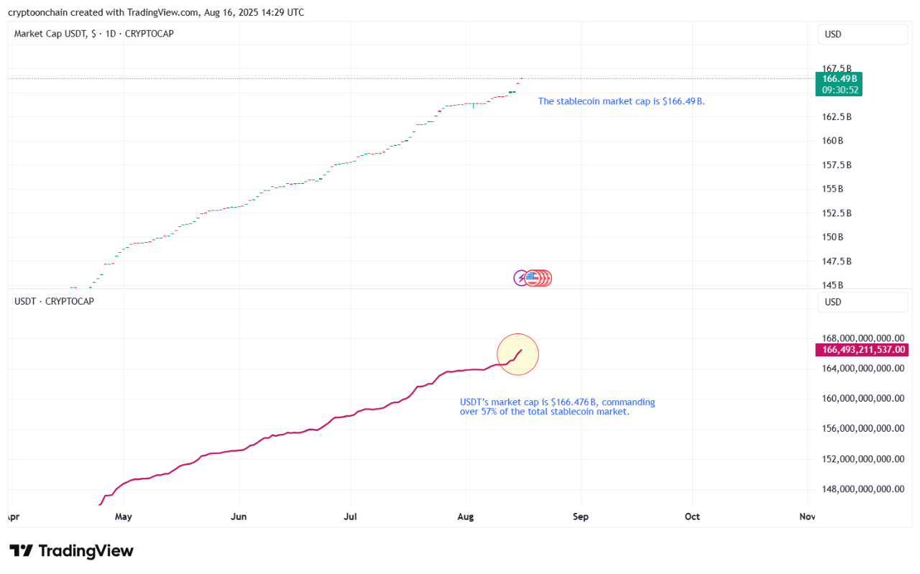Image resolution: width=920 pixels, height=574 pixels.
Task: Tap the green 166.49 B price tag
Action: tap(840, 78)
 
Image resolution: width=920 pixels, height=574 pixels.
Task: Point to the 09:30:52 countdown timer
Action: tap(840, 90)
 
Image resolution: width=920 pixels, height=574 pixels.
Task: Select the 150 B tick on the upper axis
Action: tap(832, 237)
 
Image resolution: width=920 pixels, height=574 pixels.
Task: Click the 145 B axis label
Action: tap(832, 285)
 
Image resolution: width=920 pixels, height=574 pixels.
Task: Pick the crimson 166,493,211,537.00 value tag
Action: tap(860, 350)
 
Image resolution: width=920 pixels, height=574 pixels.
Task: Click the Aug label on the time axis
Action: tap(466, 517)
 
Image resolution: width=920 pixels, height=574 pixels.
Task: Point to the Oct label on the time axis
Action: tap(692, 517)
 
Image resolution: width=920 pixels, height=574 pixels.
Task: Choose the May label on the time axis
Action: tap(124, 517)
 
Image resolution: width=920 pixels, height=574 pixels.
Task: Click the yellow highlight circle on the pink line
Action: tap(517, 354)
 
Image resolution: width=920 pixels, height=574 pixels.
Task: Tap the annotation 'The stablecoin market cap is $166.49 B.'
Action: tap(621, 101)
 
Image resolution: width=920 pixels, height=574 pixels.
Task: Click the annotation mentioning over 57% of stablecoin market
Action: tap(557, 407)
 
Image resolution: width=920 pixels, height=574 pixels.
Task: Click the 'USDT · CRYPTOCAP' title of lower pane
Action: tap(54, 301)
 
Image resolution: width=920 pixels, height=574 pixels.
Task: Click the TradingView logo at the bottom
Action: tap(72, 551)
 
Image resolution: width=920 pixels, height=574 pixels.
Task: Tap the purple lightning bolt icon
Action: tap(522, 278)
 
